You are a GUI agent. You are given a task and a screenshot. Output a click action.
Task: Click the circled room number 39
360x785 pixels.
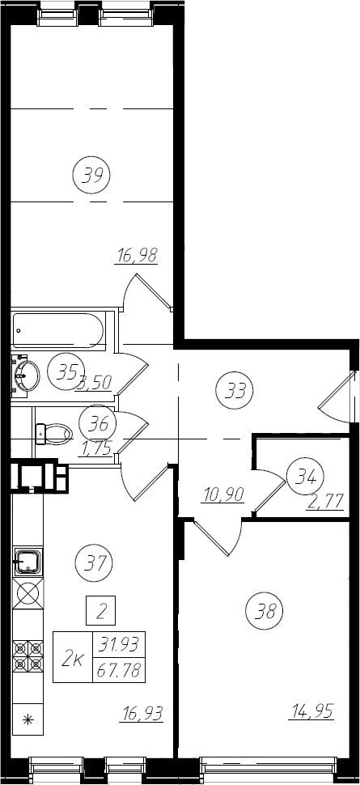click(91, 176)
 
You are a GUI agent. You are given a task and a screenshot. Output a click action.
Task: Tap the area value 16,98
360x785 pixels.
click(137, 256)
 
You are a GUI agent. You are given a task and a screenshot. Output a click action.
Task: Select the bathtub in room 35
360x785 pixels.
click(58, 330)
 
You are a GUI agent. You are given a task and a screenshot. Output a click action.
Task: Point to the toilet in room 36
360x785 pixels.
click(54, 434)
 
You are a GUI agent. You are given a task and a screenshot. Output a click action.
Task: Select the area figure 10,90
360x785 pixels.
click(223, 494)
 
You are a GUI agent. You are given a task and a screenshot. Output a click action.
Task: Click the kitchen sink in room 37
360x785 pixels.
click(28, 562)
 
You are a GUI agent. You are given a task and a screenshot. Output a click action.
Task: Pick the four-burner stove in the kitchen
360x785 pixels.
click(28, 656)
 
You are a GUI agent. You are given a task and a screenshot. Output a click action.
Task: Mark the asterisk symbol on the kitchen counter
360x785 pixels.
click(28, 720)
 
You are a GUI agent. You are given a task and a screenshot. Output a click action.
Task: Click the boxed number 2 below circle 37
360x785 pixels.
click(100, 610)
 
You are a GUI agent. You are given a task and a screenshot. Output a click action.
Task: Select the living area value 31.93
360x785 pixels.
click(119, 644)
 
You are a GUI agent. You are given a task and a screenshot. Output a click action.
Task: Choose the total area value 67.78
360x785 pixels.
click(119, 669)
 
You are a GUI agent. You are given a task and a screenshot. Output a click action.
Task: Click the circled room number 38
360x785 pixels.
click(265, 610)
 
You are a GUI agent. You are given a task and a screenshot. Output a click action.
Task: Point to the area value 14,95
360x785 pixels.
click(311, 711)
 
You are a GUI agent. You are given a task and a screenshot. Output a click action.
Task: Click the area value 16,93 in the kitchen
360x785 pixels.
click(142, 714)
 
